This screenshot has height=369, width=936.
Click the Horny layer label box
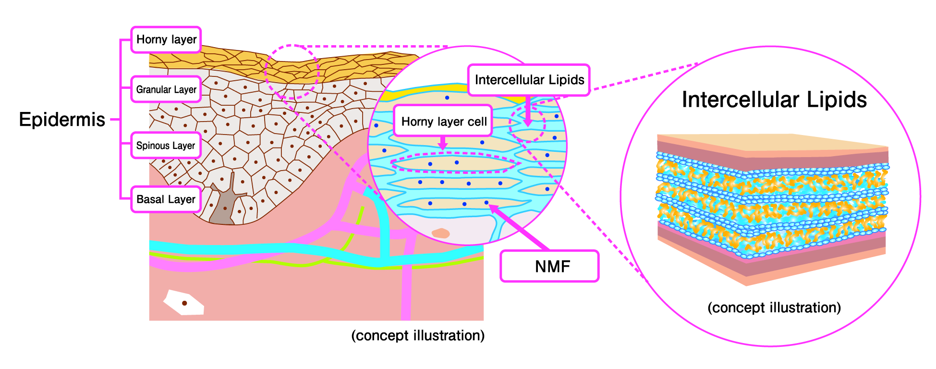click(x=166, y=39)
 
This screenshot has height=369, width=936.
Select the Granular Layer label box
click(x=166, y=89)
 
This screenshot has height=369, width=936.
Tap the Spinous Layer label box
click(x=166, y=146)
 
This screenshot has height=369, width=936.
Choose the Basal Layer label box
click(x=166, y=199)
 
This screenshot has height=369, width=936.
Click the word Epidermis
click(x=62, y=119)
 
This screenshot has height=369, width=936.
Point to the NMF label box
click(x=549, y=266)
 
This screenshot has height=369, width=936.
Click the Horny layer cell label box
click(x=443, y=121)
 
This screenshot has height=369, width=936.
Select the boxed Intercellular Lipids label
click(x=529, y=80)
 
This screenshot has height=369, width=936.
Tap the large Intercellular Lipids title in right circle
click(x=774, y=100)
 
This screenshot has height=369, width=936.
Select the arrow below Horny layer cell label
click(x=443, y=143)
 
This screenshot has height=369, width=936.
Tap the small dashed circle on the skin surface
click(x=292, y=72)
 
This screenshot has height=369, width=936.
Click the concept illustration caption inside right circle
click(x=774, y=307)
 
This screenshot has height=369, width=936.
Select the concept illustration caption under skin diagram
click(x=418, y=335)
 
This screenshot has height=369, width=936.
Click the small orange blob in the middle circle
click(x=440, y=234)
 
